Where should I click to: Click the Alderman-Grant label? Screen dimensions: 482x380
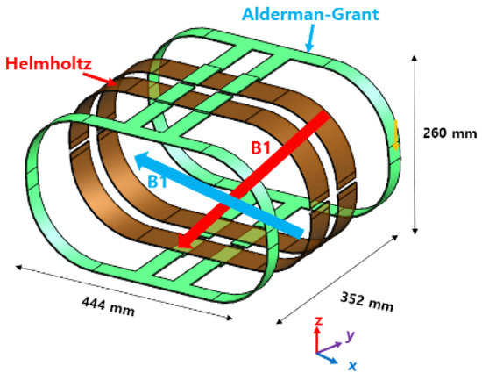click(x=310, y=14)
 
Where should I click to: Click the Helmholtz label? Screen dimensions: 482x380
click(x=48, y=64)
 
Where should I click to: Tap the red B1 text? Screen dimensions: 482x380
click(x=260, y=147)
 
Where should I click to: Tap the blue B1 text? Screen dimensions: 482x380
click(x=158, y=182)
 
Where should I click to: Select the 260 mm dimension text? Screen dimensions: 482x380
click(x=450, y=133)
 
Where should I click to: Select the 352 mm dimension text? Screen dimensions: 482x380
click(x=366, y=302)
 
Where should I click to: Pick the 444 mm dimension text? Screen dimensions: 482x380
click(x=108, y=306)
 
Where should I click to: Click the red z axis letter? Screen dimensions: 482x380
click(x=318, y=321)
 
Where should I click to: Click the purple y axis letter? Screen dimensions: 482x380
click(x=351, y=335)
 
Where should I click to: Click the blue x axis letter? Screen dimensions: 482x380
click(x=352, y=366)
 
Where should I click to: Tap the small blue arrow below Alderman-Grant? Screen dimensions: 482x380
click(x=311, y=39)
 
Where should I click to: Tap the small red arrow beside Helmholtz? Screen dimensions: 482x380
click(x=100, y=78)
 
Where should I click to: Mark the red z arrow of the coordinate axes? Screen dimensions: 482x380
click(x=317, y=340)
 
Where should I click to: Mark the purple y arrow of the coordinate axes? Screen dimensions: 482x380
click(x=329, y=348)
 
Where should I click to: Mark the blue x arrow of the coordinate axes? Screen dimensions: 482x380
click(x=327, y=358)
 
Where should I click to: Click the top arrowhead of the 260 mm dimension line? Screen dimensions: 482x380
click(x=415, y=58)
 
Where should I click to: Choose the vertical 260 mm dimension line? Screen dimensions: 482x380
click(x=415, y=145)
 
